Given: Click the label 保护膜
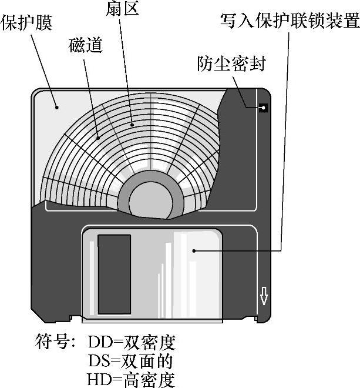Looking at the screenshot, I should (x=27, y=24).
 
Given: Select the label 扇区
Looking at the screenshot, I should (x=123, y=9).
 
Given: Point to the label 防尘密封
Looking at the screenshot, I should (x=231, y=64).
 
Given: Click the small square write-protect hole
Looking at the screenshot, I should (x=263, y=108).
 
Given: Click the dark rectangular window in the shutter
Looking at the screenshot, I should (x=114, y=274).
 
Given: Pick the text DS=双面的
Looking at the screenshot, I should (x=131, y=360).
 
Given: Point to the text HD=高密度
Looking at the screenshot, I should (x=131, y=379).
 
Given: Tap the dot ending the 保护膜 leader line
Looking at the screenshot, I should (x=57, y=107).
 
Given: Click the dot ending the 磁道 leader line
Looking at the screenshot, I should (x=98, y=138).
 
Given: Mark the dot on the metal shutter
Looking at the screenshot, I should (x=194, y=251).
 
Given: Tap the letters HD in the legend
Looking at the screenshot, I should (x=97, y=379).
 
